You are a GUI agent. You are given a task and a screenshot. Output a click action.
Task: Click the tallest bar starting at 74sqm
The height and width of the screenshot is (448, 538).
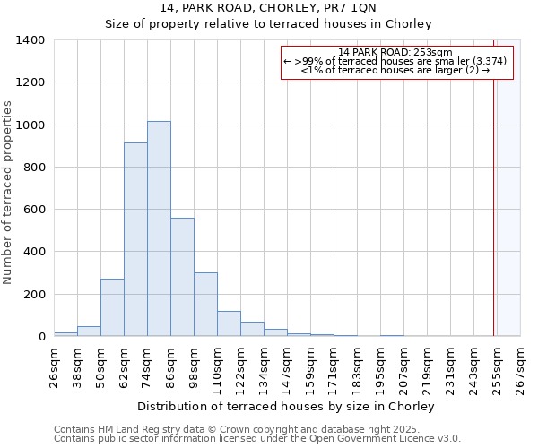click(x=159, y=228)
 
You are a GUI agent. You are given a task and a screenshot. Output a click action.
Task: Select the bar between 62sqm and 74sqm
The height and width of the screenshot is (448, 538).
click(x=135, y=239)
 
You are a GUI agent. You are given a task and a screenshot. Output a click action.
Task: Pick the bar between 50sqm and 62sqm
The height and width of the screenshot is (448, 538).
click(x=112, y=307)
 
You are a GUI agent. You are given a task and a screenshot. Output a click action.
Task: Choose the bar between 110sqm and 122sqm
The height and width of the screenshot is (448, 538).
click(x=229, y=323)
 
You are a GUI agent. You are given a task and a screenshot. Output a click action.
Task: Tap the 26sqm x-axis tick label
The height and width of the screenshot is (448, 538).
click(x=54, y=367)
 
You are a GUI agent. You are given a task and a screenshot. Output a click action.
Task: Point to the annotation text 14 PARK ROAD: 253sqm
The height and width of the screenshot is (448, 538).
click(x=396, y=53)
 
